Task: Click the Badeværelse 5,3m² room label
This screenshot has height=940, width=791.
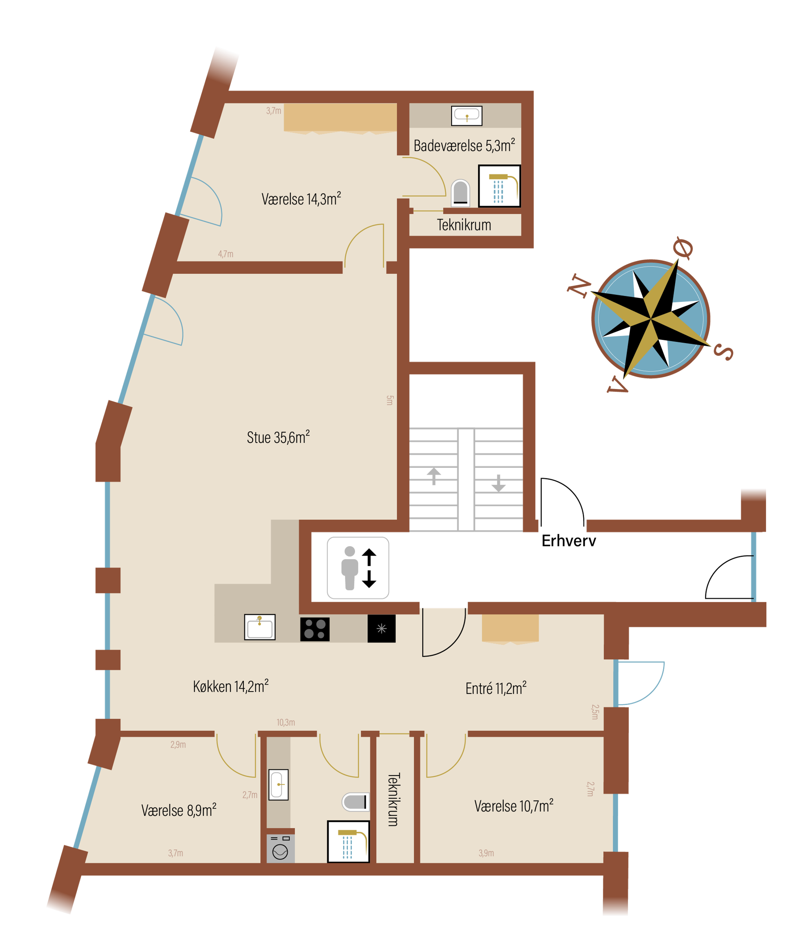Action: pos(464,145)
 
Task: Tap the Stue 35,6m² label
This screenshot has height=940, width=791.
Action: pos(278,437)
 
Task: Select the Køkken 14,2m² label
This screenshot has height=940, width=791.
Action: pos(230,686)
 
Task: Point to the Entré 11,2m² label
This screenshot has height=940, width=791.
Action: pos(496,688)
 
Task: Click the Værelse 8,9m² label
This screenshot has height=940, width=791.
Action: pos(178,810)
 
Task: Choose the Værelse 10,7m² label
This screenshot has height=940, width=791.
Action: pos(514,806)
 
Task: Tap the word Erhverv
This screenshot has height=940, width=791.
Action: pos(569,541)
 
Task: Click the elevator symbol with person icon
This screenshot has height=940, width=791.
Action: pos(358,568)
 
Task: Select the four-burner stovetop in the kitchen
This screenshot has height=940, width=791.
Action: pos(315,629)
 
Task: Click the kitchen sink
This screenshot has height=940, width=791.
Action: pos(260,627)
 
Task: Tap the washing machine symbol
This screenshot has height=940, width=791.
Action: pos(280,849)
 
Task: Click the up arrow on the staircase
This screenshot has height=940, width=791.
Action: pos(434,476)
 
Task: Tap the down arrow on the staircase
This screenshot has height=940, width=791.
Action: pos(498,483)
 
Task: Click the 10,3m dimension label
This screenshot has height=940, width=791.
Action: pos(286,722)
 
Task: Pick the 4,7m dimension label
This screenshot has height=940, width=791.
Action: pos(225,254)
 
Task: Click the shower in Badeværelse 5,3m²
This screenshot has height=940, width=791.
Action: pos(499,186)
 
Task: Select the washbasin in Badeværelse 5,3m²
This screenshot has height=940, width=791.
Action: pos(467,116)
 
